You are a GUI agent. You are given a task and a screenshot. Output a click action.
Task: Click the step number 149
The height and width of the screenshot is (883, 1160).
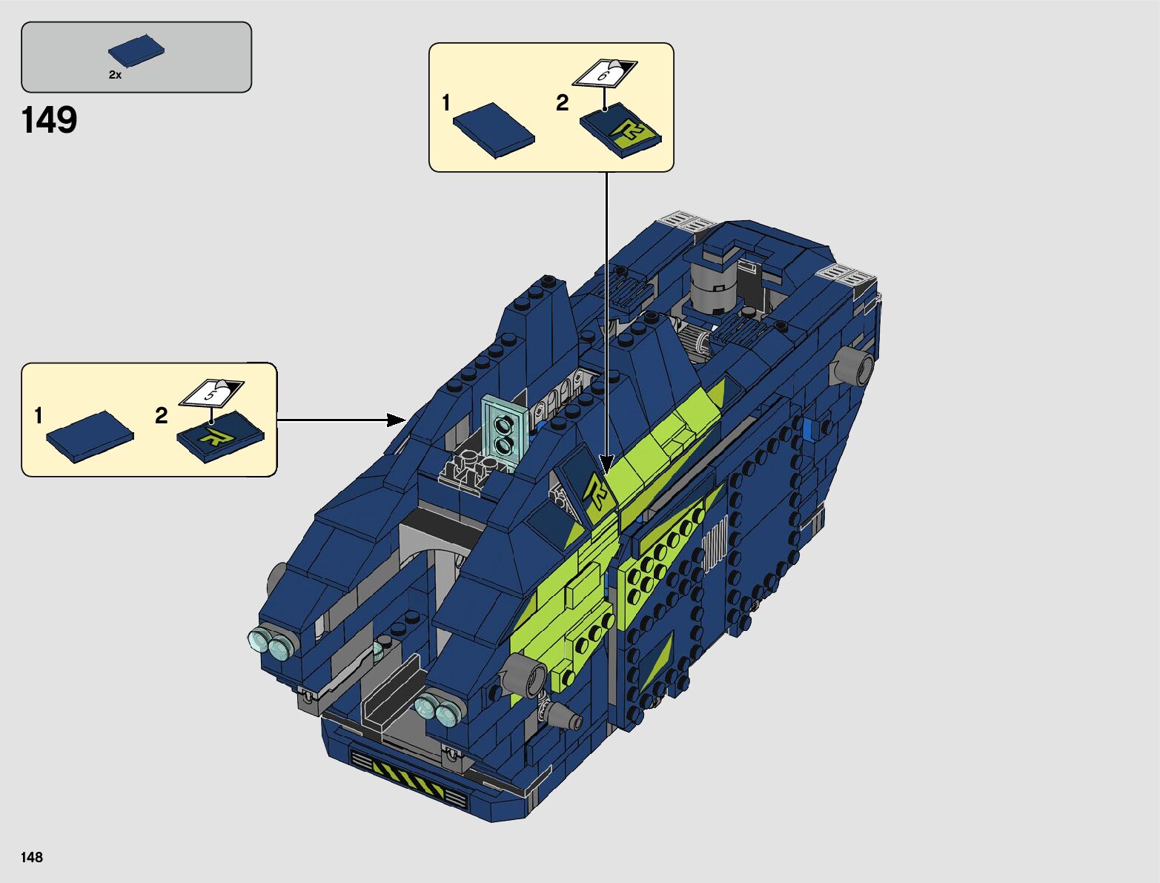49,120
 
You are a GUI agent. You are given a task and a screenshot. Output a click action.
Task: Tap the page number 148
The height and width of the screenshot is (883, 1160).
32,857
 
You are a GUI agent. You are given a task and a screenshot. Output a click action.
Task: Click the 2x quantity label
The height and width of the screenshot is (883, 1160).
115,75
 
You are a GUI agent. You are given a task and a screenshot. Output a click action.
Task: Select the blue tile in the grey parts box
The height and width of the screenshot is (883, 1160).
136,50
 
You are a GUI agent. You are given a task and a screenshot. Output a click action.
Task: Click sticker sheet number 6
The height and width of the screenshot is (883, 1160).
605,73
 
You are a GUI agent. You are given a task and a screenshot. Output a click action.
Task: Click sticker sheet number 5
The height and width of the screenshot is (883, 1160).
211,393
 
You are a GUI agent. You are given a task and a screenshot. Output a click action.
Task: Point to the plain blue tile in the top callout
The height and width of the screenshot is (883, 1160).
494,130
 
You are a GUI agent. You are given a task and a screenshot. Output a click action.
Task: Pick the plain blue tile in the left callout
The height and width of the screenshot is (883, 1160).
90,437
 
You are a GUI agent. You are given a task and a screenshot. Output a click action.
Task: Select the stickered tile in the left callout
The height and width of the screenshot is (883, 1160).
220,437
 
